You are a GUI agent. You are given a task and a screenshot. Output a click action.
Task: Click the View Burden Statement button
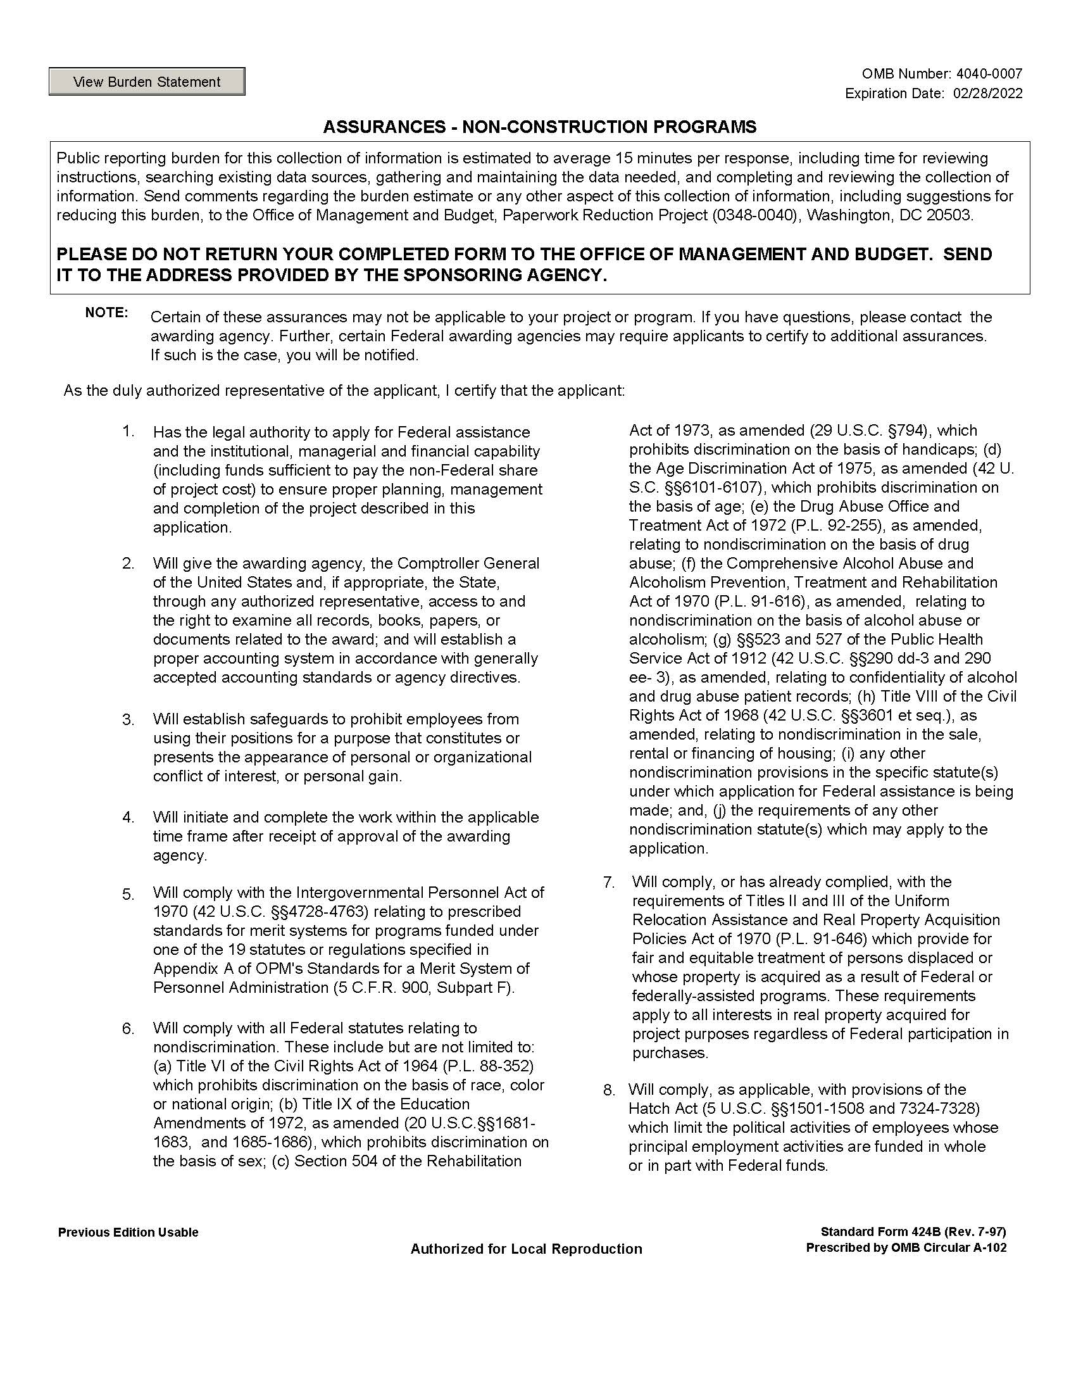(147, 82)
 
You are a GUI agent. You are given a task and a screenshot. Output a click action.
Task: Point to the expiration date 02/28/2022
(987, 93)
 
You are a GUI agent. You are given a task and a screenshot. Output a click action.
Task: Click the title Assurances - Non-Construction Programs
(539, 127)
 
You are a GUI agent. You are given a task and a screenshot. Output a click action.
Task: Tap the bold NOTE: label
(106, 313)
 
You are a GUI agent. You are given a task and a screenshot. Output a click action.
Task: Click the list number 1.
(128, 432)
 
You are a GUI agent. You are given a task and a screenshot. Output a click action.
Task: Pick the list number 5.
(128, 894)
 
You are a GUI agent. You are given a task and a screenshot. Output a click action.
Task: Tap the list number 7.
(609, 882)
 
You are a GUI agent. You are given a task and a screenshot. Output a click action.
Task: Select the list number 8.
(609, 1090)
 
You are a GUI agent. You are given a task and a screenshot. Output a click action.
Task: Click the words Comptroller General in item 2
(468, 563)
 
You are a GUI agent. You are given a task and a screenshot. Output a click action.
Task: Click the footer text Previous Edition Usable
(128, 1232)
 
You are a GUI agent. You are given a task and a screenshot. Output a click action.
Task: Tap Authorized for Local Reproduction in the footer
(526, 1249)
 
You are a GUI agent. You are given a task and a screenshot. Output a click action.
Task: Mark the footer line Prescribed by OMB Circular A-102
(906, 1247)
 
